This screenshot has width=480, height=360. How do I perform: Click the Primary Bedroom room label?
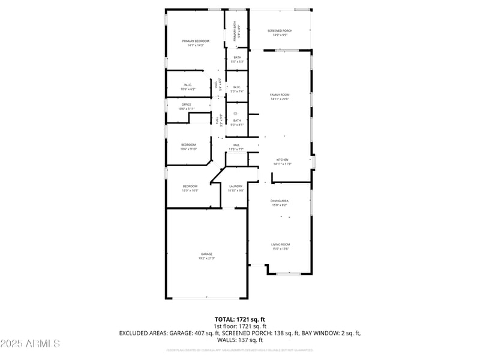click(196, 41)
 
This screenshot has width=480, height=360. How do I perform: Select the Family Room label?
click(280, 95)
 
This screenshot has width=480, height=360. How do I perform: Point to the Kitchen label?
click(282, 160)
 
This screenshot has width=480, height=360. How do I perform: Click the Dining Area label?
click(280, 200)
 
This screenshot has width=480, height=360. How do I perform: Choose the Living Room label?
click(280, 244)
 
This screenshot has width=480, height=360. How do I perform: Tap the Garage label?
click(206, 254)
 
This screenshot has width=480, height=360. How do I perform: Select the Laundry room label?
click(236, 186)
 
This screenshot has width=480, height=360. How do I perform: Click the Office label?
click(186, 104)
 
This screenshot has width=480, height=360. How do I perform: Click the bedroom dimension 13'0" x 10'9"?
click(190, 190)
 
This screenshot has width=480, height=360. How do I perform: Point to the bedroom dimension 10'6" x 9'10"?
click(189, 149)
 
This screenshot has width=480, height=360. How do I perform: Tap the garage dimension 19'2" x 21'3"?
click(206, 258)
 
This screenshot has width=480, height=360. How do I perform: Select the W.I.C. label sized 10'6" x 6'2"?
click(187, 85)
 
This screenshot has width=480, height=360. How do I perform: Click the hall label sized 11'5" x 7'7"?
click(236, 145)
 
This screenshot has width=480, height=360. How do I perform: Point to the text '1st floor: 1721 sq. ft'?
click(240, 326)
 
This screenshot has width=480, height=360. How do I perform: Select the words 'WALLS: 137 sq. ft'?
click(240, 340)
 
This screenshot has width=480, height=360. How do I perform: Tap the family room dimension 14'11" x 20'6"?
click(280, 99)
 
